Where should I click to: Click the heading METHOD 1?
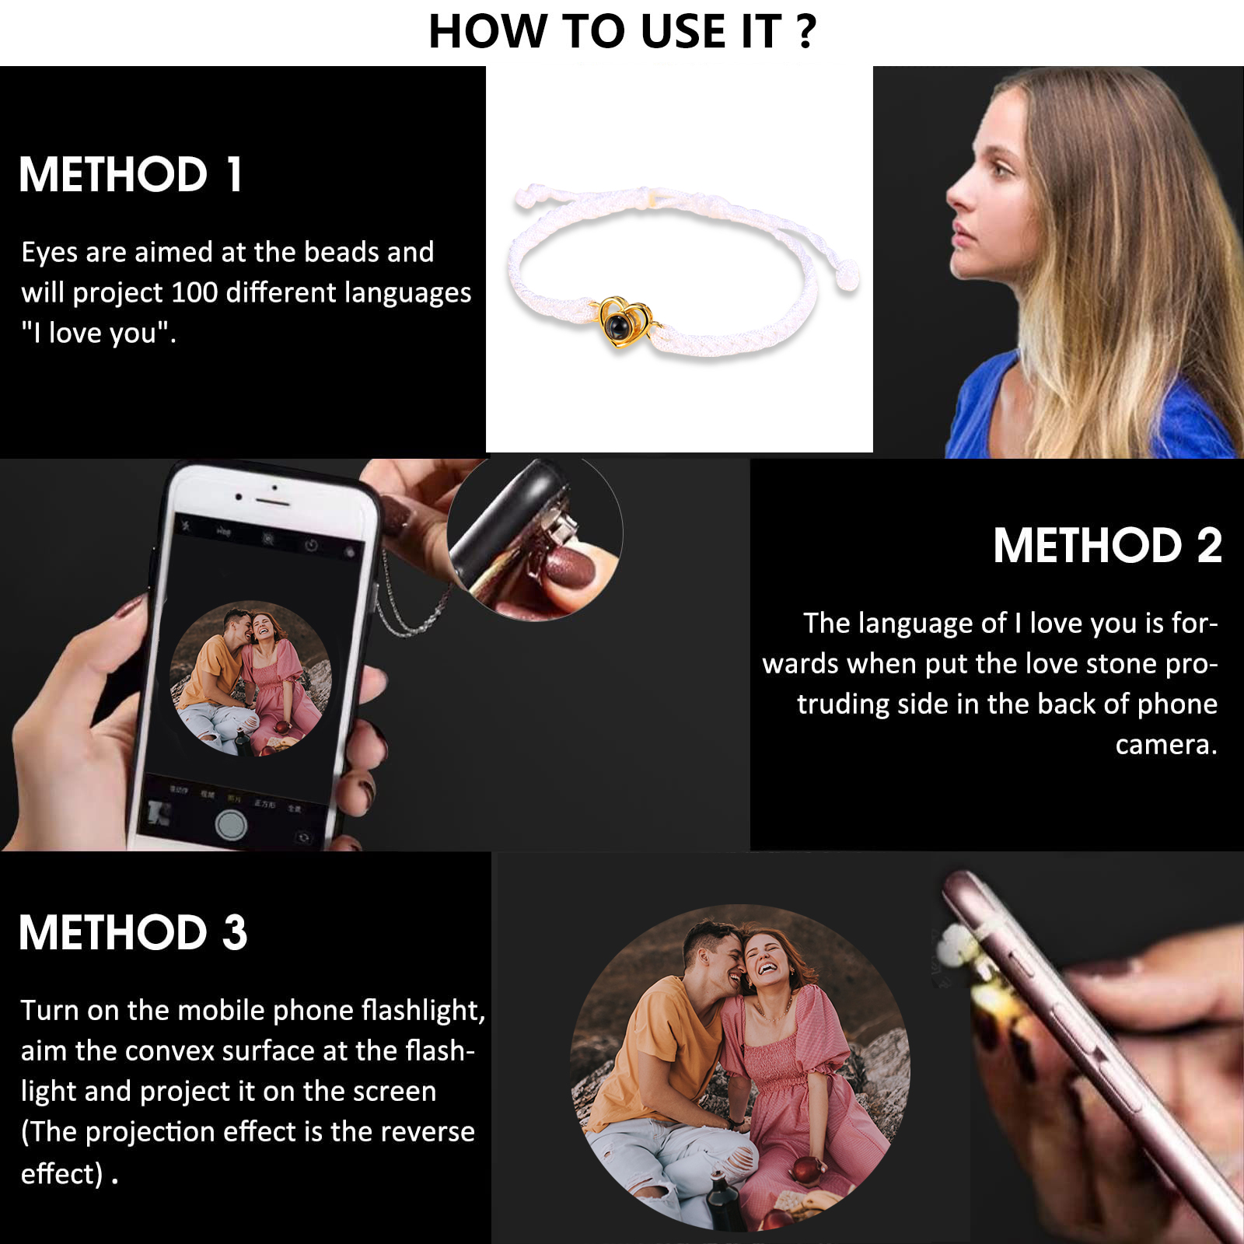pyautogui.click(x=131, y=174)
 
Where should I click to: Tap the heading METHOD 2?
pyautogui.click(x=1107, y=546)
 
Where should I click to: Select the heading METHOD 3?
pyautogui.click(x=133, y=932)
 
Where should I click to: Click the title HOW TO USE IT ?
pyautogui.click(x=622, y=32)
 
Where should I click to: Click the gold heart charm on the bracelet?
pyautogui.click(x=623, y=322)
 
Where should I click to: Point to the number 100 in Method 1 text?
pyautogui.click(x=194, y=293)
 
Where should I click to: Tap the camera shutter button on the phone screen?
pyautogui.click(x=231, y=824)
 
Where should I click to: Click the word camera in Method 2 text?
pyautogui.click(x=1164, y=745)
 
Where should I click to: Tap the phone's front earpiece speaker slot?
pyautogui.click(x=274, y=487)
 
